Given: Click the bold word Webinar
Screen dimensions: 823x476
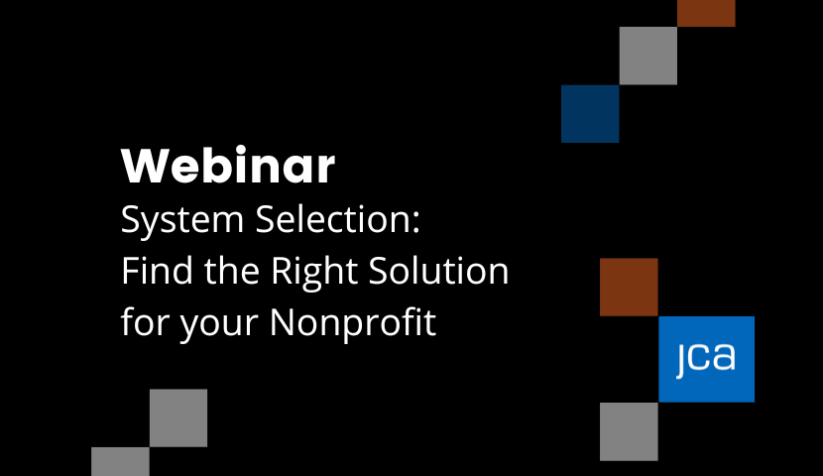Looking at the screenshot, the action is pyautogui.click(x=228, y=166).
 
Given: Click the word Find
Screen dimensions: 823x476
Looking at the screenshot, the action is pyautogui.click(x=157, y=271).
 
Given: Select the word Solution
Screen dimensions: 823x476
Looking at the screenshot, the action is pyautogui.click(x=438, y=271).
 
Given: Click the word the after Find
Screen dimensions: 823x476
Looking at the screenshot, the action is pyautogui.click(x=232, y=271).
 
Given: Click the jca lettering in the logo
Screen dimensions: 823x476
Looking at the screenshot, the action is pyautogui.click(x=706, y=358).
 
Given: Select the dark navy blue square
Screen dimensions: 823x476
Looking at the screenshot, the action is pyautogui.click(x=590, y=113).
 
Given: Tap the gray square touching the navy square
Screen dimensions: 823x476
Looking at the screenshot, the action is pyautogui.click(x=648, y=56).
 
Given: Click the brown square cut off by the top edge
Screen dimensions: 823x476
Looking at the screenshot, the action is pyautogui.click(x=706, y=13).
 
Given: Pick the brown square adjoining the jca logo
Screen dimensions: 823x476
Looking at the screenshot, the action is pyautogui.click(x=629, y=287).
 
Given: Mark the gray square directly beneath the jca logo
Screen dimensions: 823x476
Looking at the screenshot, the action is pyautogui.click(x=629, y=431).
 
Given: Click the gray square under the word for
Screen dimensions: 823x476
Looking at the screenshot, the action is pyautogui.click(x=178, y=417).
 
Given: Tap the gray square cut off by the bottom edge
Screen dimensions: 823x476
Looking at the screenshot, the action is pyautogui.click(x=120, y=461).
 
